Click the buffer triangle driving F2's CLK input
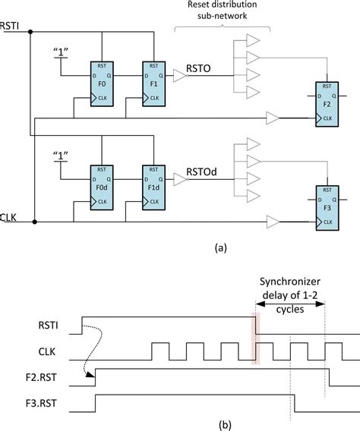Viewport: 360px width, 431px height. click(x=273, y=118)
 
